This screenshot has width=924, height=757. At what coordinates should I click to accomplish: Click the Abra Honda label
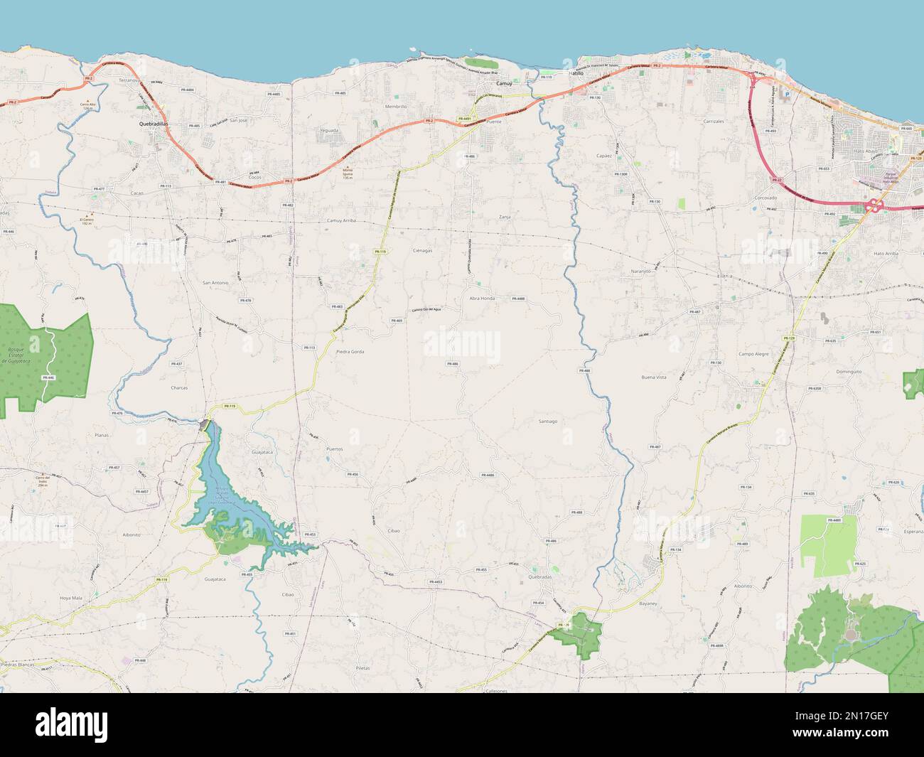pyautogui.click(x=482, y=299)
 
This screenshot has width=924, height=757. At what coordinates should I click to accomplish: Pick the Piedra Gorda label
pyautogui.click(x=350, y=352)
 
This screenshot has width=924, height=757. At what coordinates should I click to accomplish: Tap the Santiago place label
pyautogui.click(x=547, y=422)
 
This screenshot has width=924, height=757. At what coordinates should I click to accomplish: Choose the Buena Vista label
pyautogui.click(x=653, y=377)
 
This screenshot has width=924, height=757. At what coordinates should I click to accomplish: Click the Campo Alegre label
pyautogui.click(x=753, y=353)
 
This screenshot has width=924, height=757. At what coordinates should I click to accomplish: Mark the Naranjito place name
pyautogui.click(x=640, y=272)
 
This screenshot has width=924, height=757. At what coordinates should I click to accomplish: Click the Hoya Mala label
pyautogui.click(x=71, y=598)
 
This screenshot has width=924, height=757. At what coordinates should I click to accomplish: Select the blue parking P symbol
pyautogui.click(x=787, y=93)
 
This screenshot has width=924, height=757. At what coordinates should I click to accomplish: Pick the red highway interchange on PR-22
pyautogui.click(x=874, y=206)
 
